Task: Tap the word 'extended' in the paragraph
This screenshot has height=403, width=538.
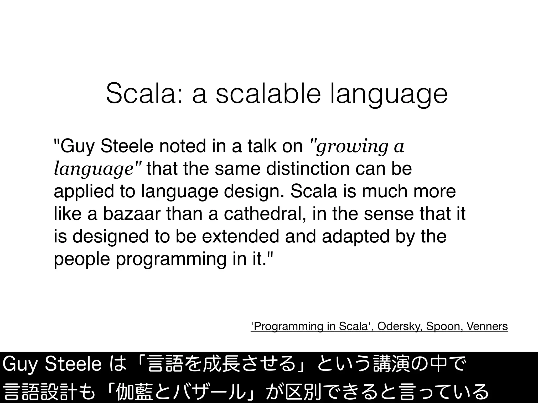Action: click(x=240, y=236)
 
